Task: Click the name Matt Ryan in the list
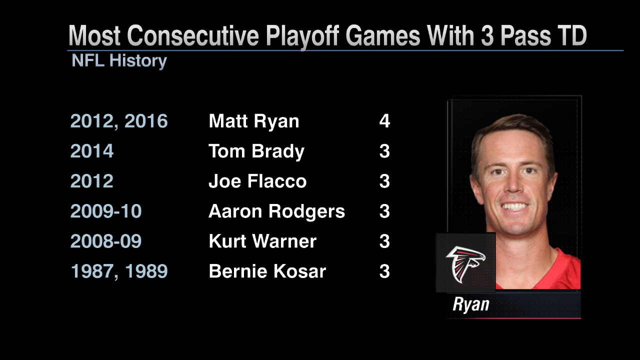point(253,121)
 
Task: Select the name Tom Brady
point(256,151)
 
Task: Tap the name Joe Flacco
point(257,181)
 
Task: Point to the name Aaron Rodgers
point(276,211)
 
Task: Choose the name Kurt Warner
point(262,241)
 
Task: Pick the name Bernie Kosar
point(267,271)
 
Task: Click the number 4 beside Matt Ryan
point(384,121)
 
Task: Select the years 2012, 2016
point(119,121)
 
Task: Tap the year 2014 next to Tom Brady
point(91,151)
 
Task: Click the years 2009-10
point(105,211)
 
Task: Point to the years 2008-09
point(105,241)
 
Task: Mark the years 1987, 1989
point(119,272)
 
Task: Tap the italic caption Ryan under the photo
point(471,305)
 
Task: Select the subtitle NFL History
point(119,61)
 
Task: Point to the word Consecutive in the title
point(193,35)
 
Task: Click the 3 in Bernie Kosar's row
point(384,271)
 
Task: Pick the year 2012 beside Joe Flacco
point(91,181)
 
